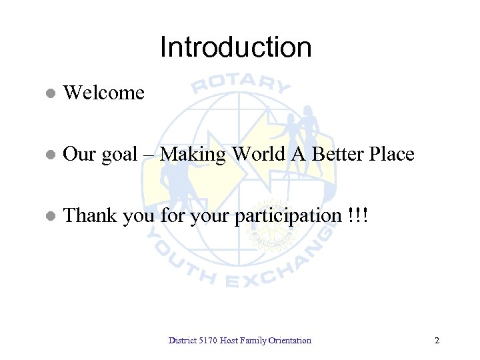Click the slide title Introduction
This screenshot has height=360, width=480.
(x=235, y=47)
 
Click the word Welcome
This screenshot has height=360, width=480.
(x=103, y=93)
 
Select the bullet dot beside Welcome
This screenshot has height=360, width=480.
(x=49, y=93)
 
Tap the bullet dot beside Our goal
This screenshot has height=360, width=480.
(x=49, y=155)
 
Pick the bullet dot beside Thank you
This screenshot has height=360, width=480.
(x=49, y=217)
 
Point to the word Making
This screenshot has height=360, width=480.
(x=193, y=155)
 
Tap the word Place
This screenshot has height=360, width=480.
(x=392, y=155)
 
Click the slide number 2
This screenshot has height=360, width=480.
(x=437, y=341)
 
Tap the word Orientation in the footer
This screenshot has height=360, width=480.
(x=290, y=341)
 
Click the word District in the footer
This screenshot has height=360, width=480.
(x=181, y=341)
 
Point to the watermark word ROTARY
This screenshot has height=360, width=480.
(x=241, y=82)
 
